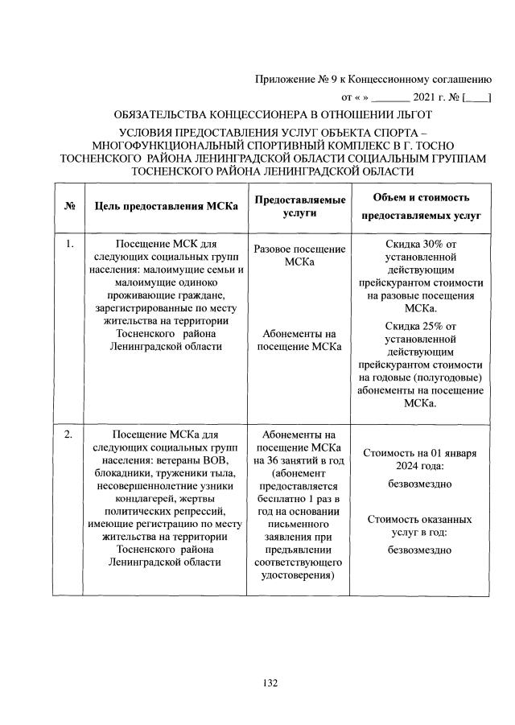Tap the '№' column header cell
coord(69,207)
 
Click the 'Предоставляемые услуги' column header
coord(300,206)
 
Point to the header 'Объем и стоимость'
coord(421,197)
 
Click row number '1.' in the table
coord(70,243)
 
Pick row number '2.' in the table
coord(70,435)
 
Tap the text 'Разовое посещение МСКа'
coord(300,257)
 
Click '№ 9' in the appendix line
coord(324,80)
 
